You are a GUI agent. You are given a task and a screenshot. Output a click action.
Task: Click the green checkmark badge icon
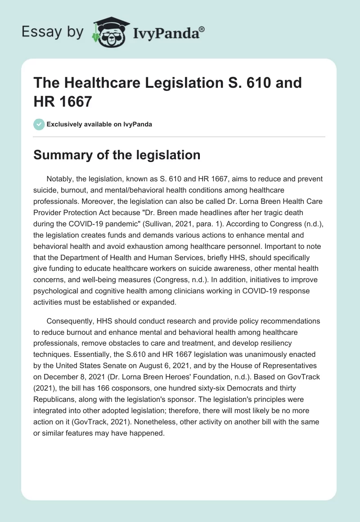[39, 124]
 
